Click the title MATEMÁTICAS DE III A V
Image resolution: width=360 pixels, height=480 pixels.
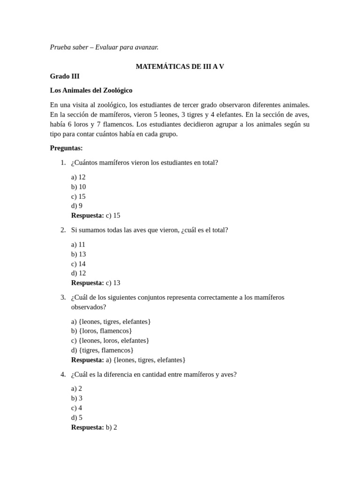point(180,67)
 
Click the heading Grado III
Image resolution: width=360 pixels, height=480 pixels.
point(65,76)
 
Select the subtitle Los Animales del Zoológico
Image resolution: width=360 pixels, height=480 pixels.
point(91,90)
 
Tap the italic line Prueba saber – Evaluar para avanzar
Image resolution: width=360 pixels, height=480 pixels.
point(104,47)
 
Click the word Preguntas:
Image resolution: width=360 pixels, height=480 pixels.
point(66,148)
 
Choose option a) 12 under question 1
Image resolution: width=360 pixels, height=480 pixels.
point(78,177)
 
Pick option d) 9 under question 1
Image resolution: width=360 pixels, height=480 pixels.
point(77,206)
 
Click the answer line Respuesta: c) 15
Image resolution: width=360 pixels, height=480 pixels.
point(96,216)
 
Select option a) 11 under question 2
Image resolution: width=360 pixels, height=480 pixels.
point(78,245)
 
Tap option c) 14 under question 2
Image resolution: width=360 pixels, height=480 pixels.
point(78,264)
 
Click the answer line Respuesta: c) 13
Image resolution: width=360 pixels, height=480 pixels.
point(96,283)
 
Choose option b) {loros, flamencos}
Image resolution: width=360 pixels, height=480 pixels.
point(101,331)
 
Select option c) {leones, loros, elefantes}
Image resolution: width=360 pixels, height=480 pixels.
point(110,341)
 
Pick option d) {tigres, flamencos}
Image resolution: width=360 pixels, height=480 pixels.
point(102,350)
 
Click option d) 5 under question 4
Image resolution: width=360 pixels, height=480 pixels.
point(77,418)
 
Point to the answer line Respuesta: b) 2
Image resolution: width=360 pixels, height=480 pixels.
point(94,427)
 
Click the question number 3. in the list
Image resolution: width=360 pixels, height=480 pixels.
point(63,297)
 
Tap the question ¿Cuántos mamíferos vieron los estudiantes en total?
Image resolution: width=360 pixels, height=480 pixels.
point(144,163)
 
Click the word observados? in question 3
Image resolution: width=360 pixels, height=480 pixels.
point(89,307)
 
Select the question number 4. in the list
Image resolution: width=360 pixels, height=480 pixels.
point(63,375)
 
